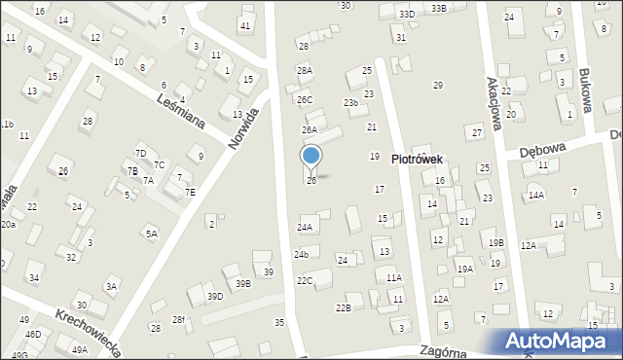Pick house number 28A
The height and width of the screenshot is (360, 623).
(x=305, y=71)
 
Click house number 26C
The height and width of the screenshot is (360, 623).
(x=305, y=99)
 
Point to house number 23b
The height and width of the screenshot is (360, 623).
(x=350, y=102)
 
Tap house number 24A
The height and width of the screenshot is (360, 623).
(x=305, y=227)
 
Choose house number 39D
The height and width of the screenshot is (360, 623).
(x=214, y=297)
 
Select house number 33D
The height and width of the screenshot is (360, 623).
(x=406, y=14)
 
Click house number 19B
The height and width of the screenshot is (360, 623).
(x=496, y=242)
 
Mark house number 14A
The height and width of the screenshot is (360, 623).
(x=535, y=196)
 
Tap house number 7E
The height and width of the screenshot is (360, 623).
(x=191, y=192)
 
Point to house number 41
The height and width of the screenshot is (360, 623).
(x=244, y=25)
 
